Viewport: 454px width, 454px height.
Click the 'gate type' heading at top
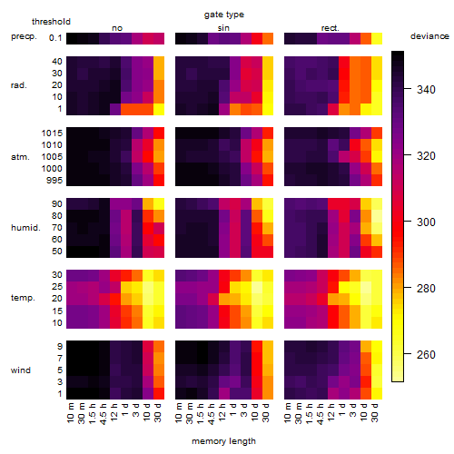[x=224, y=15]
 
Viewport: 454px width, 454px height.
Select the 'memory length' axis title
[x=223, y=441]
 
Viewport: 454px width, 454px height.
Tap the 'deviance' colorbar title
[x=429, y=36]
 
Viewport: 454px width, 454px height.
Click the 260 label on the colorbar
[x=426, y=354]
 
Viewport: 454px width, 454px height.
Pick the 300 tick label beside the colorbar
[x=426, y=222]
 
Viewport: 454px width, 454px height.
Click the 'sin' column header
[x=223, y=28]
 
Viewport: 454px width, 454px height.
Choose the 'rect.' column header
[x=331, y=28]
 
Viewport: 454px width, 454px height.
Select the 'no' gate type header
[x=117, y=28]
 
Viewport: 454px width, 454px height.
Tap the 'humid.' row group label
[x=25, y=228]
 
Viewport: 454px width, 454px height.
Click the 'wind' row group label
[x=21, y=370]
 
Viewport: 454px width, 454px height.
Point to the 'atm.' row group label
[x=20, y=157]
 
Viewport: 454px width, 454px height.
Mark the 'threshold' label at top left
[x=51, y=22]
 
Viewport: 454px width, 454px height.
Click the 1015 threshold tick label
[x=52, y=133]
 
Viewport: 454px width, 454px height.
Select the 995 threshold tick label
[x=54, y=181]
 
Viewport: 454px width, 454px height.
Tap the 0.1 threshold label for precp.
[x=55, y=38]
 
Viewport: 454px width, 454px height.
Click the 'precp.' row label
[x=24, y=36]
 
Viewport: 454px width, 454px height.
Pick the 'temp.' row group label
[x=23, y=298]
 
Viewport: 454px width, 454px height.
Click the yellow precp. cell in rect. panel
[x=377, y=39]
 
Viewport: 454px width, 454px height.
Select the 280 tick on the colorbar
[x=408, y=287]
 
